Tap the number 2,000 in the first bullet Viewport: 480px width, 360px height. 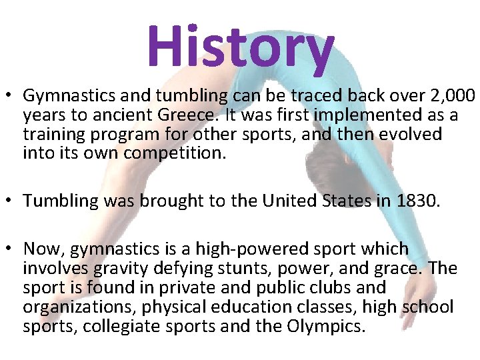(451, 97)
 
